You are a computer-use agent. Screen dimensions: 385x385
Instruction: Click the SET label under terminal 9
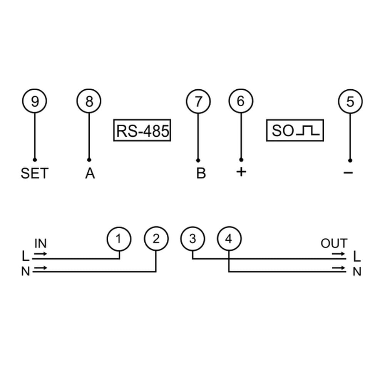pyautogui.click(x=35, y=173)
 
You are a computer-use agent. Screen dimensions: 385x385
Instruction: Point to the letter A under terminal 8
pyautogui.click(x=90, y=173)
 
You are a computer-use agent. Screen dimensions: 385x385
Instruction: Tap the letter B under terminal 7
pyautogui.click(x=201, y=173)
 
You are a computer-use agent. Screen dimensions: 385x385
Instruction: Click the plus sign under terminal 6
pyautogui.click(x=241, y=172)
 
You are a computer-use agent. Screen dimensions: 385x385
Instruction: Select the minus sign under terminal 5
pyautogui.click(x=348, y=172)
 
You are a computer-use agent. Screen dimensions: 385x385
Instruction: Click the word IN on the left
pyautogui.click(x=40, y=244)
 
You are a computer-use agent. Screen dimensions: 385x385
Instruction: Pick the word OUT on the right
pyautogui.click(x=334, y=243)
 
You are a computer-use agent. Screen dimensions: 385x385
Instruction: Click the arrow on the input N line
pyautogui.click(x=40, y=268)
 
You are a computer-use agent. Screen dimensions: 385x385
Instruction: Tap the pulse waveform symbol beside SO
pyautogui.click(x=308, y=131)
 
